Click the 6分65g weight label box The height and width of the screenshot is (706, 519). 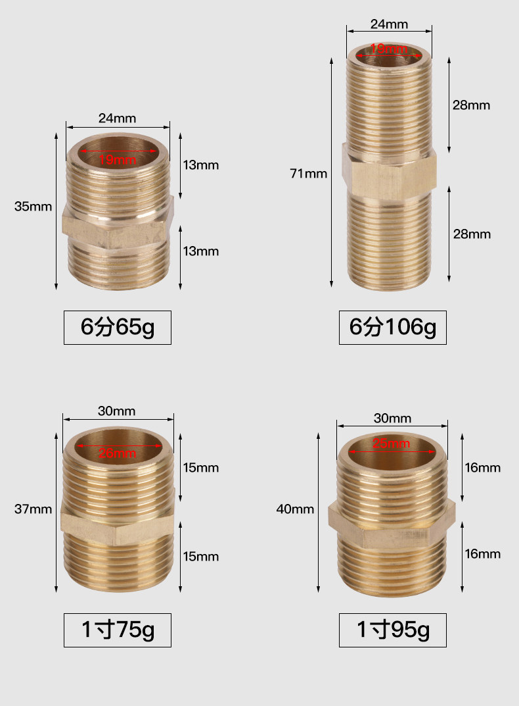tap(118, 327)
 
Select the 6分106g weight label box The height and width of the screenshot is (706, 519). tap(393, 327)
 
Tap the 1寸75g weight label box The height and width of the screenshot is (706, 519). tap(118, 630)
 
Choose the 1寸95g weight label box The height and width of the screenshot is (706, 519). tap(393, 630)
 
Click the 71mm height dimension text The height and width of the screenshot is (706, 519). tap(309, 173)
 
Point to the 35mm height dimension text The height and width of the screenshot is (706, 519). tap(33, 206)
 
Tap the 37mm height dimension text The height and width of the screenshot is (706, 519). tap(33, 509)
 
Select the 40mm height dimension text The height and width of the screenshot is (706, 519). tap(295, 509)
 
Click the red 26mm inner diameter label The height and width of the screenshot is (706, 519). tap(118, 453)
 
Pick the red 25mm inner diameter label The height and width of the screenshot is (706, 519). tap(392, 443)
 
